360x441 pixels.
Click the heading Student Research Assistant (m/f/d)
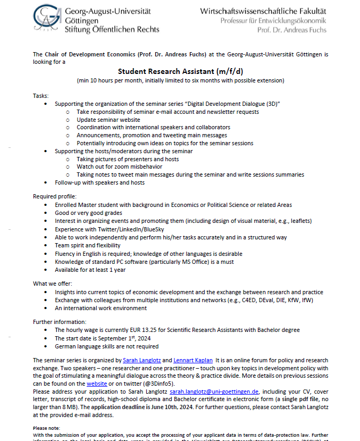(179, 71)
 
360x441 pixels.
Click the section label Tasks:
(40, 96)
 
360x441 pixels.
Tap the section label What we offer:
(53, 284)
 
